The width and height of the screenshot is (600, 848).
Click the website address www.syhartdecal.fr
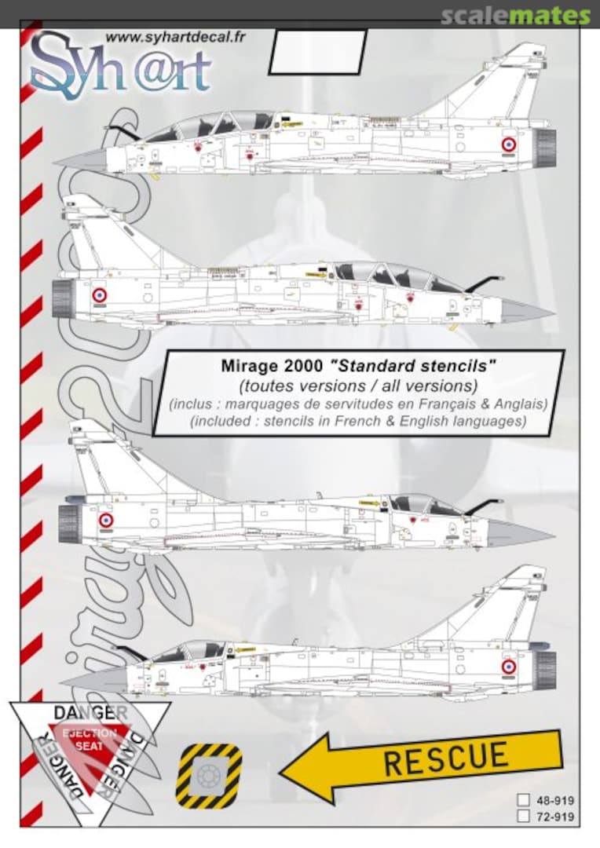click(170, 37)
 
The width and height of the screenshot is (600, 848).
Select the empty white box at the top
click(317, 53)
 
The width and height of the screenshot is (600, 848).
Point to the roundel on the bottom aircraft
click(509, 667)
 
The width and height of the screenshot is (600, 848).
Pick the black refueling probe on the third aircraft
click(484, 505)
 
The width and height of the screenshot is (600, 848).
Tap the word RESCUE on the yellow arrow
click(445, 758)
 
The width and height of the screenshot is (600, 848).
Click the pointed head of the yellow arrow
click(302, 773)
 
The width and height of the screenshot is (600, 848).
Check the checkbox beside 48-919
click(523, 801)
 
